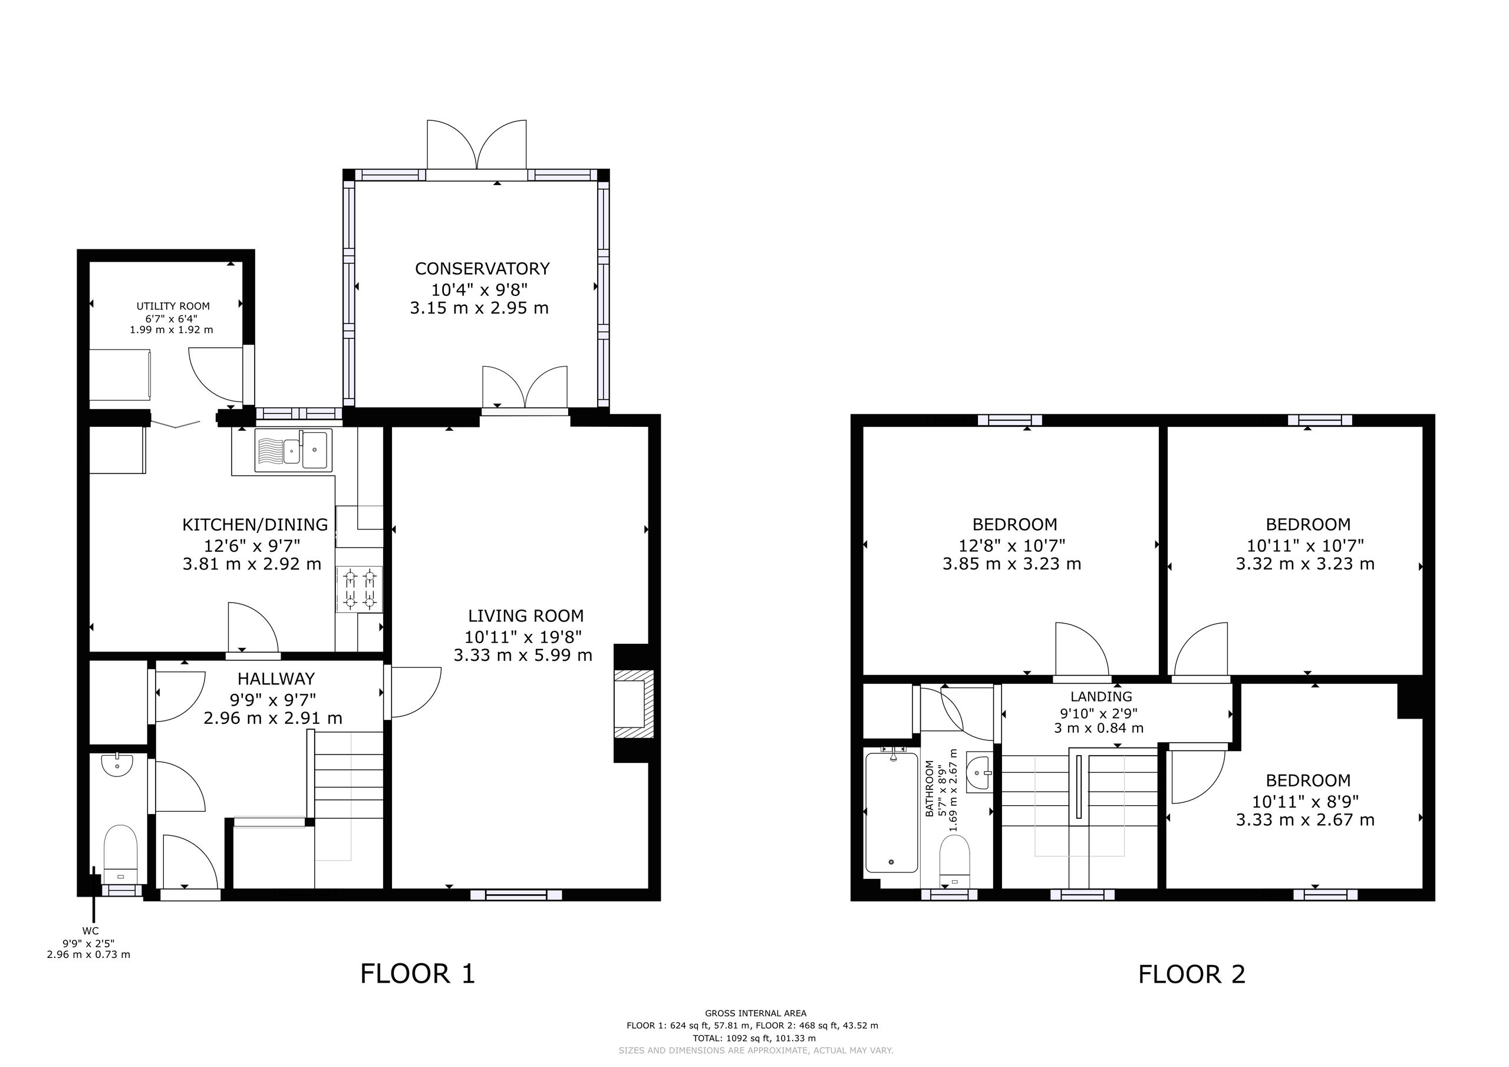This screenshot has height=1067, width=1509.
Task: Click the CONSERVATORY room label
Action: [482, 268]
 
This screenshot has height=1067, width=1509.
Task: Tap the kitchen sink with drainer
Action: [293, 450]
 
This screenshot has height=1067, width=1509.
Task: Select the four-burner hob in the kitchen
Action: [360, 590]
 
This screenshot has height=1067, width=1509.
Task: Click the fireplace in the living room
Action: [634, 703]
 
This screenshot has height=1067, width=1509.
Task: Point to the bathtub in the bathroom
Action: [891, 812]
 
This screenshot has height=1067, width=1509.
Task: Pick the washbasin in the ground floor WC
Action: [118, 765]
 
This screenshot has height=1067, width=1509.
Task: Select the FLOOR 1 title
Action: [417, 974]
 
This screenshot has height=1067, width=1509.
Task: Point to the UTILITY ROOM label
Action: [173, 307]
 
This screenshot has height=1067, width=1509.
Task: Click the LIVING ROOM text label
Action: [526, 616]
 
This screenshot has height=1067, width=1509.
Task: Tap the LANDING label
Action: [1102, 696]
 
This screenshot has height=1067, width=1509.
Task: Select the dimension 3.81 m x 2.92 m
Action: [252, 564]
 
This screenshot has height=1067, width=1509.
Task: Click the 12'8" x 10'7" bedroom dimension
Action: [1012, 545]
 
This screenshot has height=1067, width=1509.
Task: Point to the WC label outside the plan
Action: [91, 931]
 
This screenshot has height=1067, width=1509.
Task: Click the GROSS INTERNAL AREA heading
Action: [756, 1014]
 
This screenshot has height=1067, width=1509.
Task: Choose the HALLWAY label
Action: [276, 679]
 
